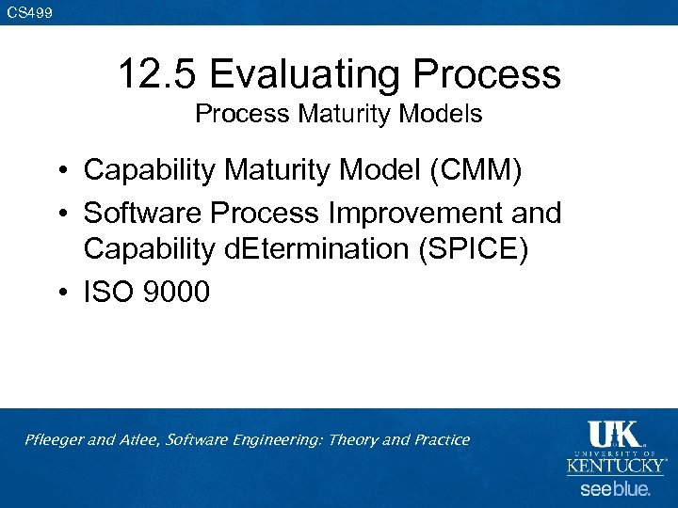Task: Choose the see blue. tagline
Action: tap(615, 489)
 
